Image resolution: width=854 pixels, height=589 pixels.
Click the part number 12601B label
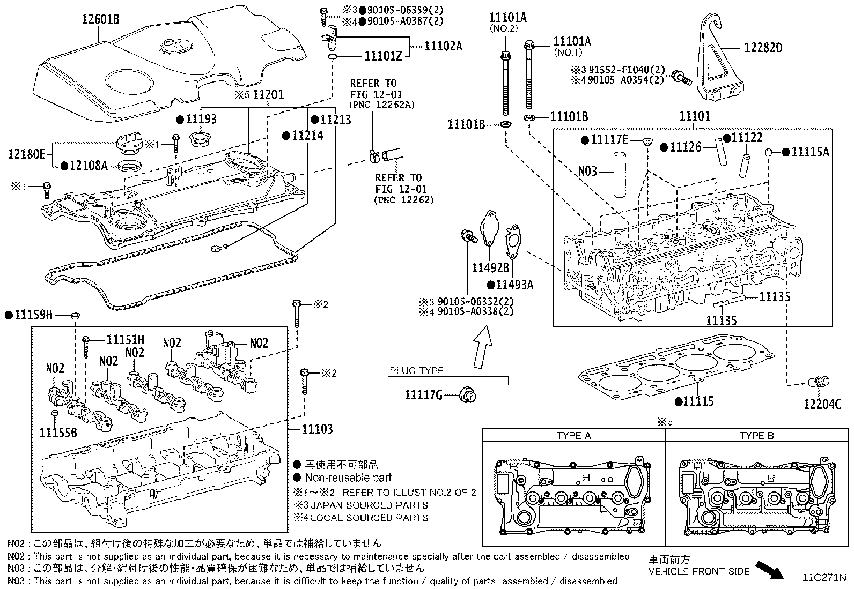pos(100,20)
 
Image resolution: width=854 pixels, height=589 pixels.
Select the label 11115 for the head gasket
pos(698,401)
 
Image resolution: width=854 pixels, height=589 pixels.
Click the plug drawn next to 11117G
pos(468,396)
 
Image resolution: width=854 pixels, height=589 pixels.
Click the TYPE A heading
pos(573,435)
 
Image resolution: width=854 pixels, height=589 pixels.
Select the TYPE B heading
pos(756,435)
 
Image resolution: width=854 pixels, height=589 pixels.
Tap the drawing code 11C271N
pos(824,578)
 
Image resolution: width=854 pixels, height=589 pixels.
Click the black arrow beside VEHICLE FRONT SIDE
pos(769,570)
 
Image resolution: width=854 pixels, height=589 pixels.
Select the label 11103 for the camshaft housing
pos(316,429)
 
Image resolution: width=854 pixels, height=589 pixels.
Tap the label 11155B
pos(58,432)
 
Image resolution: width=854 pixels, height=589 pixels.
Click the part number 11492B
pos(490,267)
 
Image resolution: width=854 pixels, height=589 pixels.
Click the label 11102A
pos(443,46)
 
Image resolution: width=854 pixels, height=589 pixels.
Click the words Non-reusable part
pos(348,478)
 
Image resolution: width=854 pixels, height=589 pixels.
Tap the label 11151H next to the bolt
pos(126,339)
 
